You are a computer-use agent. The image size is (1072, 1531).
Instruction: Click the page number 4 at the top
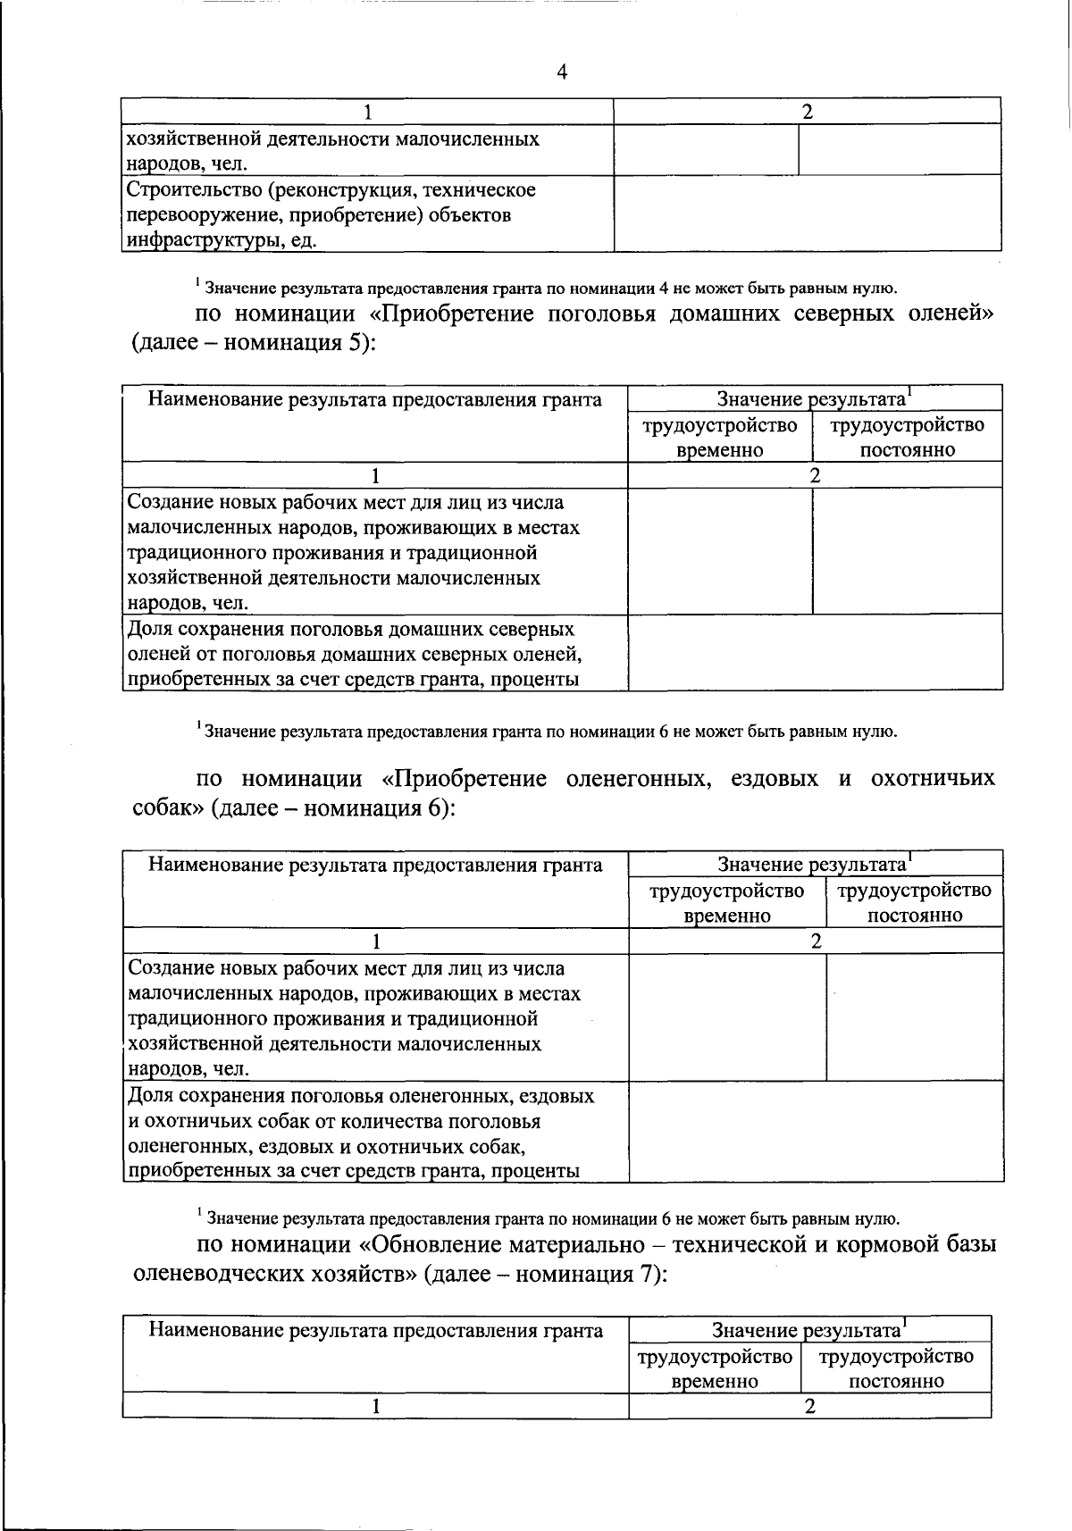[x=562, y=72]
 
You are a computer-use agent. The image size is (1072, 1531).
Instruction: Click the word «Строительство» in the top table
[x=186, y=190]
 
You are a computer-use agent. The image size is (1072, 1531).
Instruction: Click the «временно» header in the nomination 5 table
[x=719, y=450]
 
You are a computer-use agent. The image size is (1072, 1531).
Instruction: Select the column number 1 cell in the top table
[x=367, y=112]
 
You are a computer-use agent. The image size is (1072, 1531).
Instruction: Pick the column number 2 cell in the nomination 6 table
[x=816, y=941]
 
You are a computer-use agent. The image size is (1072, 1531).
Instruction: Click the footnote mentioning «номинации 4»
[x=545, y=288]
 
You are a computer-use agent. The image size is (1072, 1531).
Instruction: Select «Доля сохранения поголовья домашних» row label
[x=350, y=629]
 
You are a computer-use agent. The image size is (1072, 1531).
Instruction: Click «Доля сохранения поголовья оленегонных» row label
[x=360, y=1095]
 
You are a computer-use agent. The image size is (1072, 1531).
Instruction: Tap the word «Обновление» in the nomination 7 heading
[x=431, y=1244]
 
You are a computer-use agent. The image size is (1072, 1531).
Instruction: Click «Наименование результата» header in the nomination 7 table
[x=375, y=1331]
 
